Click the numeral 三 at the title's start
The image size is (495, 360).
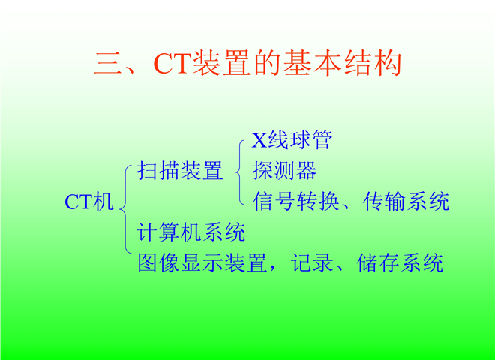coord(107,63)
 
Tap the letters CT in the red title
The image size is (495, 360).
coord(172,64)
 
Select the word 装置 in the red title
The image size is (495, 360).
coord(221,63)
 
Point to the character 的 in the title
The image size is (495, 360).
coord(267,63)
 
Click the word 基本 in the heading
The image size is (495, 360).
coord(312,63)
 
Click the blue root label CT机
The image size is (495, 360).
coord(88,202)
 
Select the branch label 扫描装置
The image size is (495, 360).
coord(180,170)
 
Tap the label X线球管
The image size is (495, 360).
coord(292,140)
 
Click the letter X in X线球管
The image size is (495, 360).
coord(259,140)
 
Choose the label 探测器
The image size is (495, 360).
coord(284,170)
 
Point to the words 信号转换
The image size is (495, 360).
coord(296,202)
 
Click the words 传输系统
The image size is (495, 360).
coord(406,202)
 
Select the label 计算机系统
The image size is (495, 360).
coord(191,232)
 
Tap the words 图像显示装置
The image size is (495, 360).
coord(202,262)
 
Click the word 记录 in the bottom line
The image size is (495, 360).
coord(312,262)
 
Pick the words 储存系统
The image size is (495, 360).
coord(400,262)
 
